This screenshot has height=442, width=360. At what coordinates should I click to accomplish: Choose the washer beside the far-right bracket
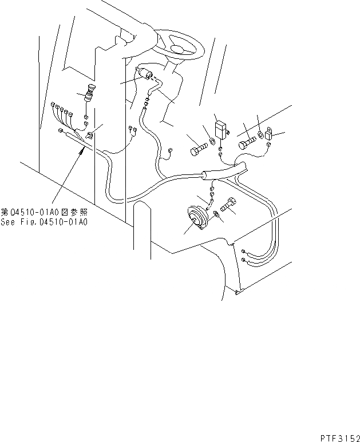(x=260, y=135)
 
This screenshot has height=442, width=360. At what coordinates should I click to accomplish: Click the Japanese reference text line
(x=44, y=212)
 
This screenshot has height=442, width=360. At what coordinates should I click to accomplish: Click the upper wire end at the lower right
(x=244, y=251)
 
